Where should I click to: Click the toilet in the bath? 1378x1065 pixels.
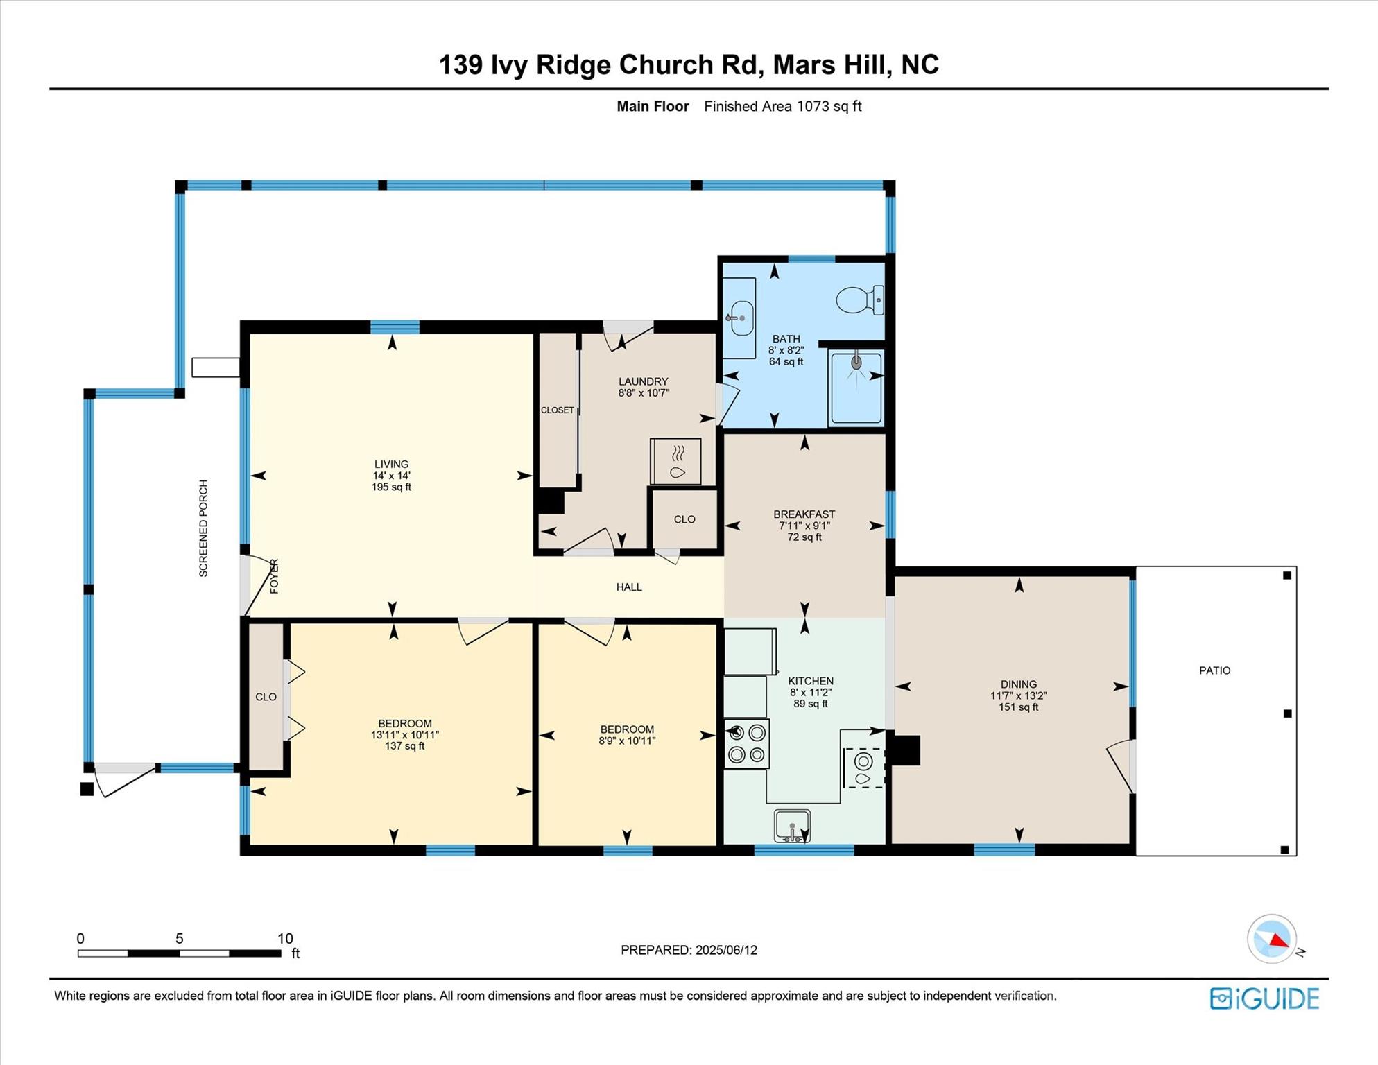tap(859, 300)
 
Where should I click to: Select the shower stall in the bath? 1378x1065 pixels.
tap(856, 388)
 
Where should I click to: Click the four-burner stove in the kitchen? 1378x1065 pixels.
tap(747, 743)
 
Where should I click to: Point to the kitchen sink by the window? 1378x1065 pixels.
tap(792, 825)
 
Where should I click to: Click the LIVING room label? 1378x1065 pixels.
tap(391, 464)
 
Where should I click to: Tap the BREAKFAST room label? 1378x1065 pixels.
tap(804, 514)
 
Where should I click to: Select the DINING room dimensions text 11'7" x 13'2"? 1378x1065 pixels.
tap(1018, 695)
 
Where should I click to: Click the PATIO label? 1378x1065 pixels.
tap(1214, 670)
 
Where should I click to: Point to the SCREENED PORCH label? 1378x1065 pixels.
tap(203, 528)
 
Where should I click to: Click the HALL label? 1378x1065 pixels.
tap(629, 587)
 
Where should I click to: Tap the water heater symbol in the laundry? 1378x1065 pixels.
tap(675, 461)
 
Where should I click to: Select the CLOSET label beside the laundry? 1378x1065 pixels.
tap(557, 410)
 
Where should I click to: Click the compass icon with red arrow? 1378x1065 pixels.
tap(1272, 939)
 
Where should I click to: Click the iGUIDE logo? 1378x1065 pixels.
tap(1264, 998)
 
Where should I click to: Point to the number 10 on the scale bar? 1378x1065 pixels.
tap(285, 938)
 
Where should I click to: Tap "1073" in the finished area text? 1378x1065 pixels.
tap(813, 106)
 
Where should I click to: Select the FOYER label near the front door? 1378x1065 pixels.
tap(274, 576)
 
